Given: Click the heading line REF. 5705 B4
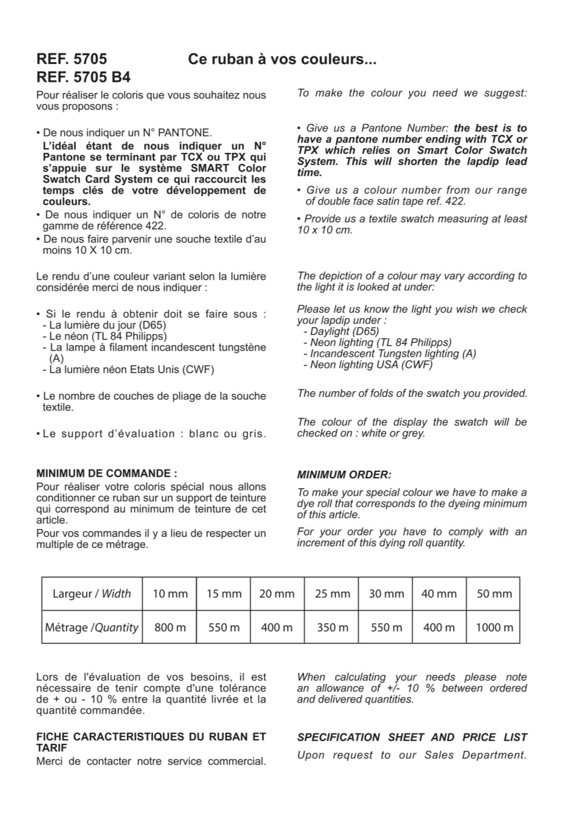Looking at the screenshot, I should [83, 77].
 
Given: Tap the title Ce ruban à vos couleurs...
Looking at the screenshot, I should [282, 59].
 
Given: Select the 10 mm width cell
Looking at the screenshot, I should [170, 594].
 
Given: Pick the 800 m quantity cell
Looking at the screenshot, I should [170, 628].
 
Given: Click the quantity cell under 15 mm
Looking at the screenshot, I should [224, 628].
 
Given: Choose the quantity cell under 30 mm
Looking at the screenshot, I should [386, 628].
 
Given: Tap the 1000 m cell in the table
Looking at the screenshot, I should [494, 628].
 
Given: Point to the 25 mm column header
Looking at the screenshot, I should [332, 594].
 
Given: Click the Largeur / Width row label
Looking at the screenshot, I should [92, 594].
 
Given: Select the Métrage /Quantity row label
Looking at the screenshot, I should [92, 628].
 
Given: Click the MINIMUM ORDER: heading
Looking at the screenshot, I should [344, 475].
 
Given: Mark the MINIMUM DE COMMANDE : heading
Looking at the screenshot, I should [106, 473].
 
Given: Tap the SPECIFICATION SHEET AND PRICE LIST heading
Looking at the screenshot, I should [412, 737].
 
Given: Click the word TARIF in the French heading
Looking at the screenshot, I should [52, 748].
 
